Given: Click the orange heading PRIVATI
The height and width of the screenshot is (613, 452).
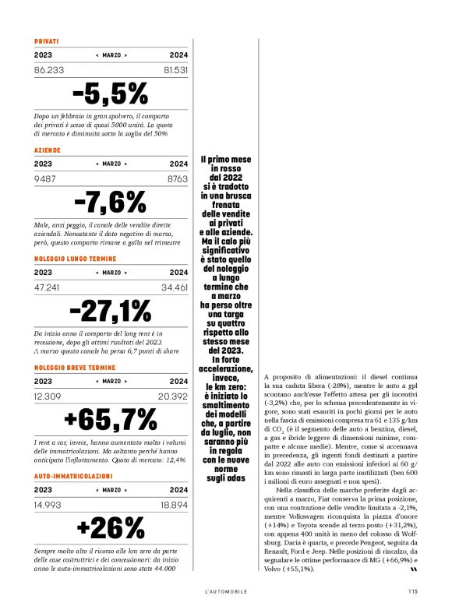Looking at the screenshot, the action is pos(47,41).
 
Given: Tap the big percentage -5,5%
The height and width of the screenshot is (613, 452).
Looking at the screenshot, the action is pos(110,93).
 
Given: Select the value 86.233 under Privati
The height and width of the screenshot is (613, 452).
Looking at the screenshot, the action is pos(49,70).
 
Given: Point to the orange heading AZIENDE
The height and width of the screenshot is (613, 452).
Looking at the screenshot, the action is pos(48,150).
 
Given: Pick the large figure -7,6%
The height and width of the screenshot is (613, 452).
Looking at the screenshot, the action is pos(110,202).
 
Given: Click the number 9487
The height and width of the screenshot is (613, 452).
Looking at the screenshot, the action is pos(46,178).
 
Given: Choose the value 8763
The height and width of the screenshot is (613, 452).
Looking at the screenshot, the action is pos(178,178).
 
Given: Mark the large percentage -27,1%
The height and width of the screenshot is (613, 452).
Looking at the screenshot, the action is pos(110,310).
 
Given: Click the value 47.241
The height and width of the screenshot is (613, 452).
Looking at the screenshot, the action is pos(48,287).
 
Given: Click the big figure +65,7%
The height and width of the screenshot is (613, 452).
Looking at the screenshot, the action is pos(110,419).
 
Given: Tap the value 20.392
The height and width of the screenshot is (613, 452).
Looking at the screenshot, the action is pos(173,396).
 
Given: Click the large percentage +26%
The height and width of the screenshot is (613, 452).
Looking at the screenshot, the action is pos(110,527).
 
